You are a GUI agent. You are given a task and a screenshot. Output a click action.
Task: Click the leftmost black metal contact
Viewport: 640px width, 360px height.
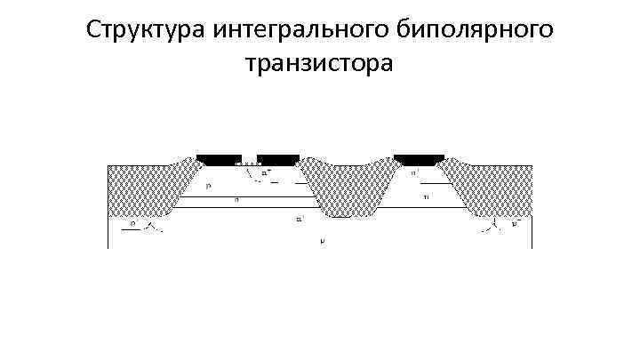coord(218,159)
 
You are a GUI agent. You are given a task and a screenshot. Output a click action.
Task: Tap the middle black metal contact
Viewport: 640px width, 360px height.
coord(278,159)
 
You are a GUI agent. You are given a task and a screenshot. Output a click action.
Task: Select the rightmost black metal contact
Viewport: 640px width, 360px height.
coord(419,159)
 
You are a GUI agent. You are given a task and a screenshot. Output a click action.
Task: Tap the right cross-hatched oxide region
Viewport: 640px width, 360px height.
coord(492,188)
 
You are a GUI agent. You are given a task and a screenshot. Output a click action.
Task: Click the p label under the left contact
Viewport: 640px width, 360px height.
coord(208,186)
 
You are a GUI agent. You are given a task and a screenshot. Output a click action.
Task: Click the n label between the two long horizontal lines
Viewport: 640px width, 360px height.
coord(236,202)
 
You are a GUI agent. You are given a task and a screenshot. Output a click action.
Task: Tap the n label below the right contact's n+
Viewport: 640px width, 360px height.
coord(426,196)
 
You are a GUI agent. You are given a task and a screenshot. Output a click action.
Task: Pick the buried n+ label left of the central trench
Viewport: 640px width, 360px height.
coord(300,217)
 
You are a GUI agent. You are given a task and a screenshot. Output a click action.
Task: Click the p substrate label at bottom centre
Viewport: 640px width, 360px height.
coord(322,240)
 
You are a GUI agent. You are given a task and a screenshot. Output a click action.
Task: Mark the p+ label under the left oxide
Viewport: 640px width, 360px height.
coord(133,225)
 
